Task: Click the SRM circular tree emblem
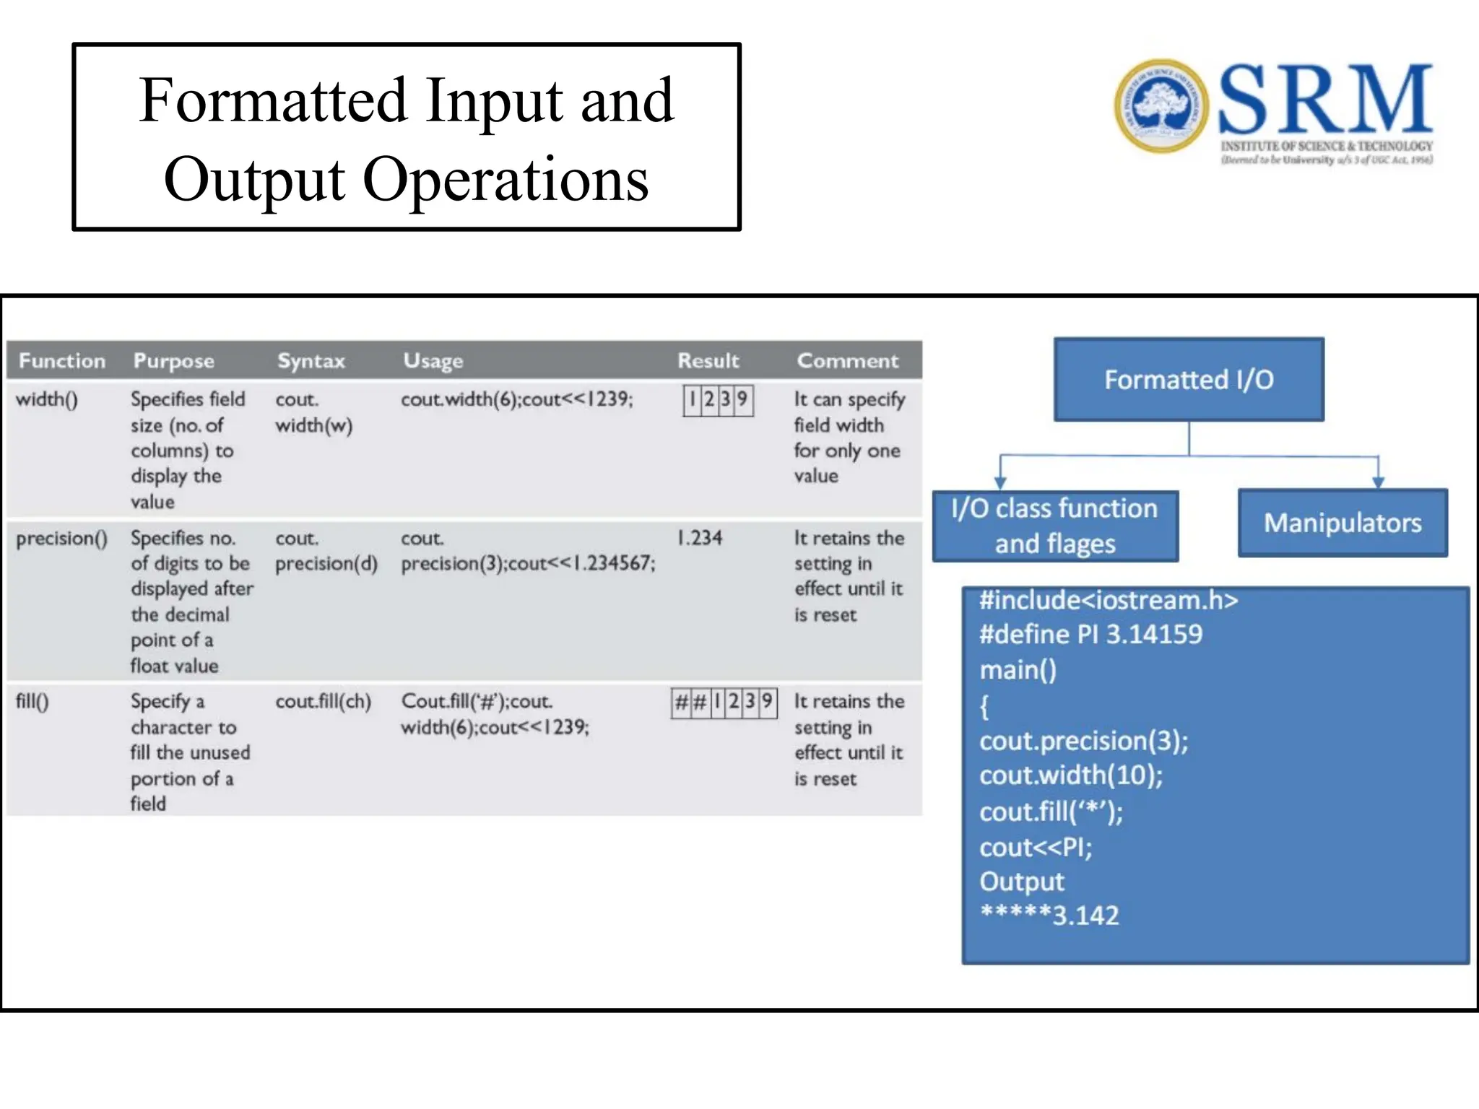pos(1161,106)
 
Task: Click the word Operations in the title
pos(505,180)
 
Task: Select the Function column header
pos(62,360)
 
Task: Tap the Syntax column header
pos(311,360)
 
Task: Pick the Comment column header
pos(847,360)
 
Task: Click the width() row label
pos(47,399)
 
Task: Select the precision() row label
pos(62,539)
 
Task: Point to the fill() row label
pos(32,702)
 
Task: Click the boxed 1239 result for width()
pos(718,400)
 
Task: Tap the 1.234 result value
pos(699,538)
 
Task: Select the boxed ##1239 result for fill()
pos(724,702)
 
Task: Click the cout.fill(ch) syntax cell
pos(323,702)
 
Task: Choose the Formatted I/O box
pos(1189,380)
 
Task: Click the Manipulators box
pos(1343,523)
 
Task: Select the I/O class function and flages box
pos(1055,526)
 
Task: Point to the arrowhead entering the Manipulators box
pos(1378,482)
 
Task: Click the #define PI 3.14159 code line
pos(1090,635)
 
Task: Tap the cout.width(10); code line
pos(1071,775)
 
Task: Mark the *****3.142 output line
pos(1049,916)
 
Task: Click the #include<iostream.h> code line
pos(1109,601)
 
